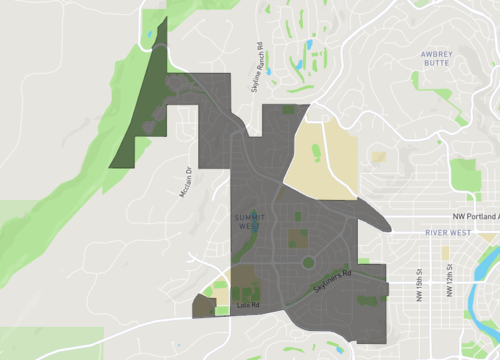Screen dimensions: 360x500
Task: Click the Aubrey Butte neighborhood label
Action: [x=438, y=59]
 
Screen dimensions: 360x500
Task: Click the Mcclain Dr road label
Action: [x=185, y=181]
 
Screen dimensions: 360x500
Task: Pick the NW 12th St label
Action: [x=450, y=287]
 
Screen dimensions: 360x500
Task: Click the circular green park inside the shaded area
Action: [x=308, y=263]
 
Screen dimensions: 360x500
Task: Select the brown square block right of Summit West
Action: [x=298, y=238]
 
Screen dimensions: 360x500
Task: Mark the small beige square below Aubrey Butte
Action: [x=378, y=156]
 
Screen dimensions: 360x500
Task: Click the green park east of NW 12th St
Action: [x=466, y=175]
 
